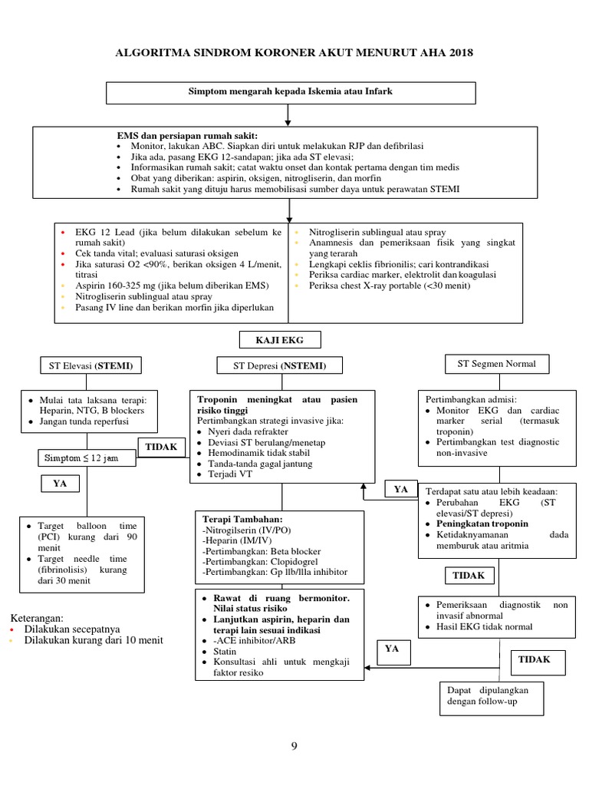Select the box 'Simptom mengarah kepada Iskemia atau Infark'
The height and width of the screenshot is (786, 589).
[x=291, y=91]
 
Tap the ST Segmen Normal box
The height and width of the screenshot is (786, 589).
[x=496, y=363]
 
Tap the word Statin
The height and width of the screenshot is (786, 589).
[x=219, y=650]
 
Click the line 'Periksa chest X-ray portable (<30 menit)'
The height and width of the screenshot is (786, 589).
[x=390, y=286]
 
